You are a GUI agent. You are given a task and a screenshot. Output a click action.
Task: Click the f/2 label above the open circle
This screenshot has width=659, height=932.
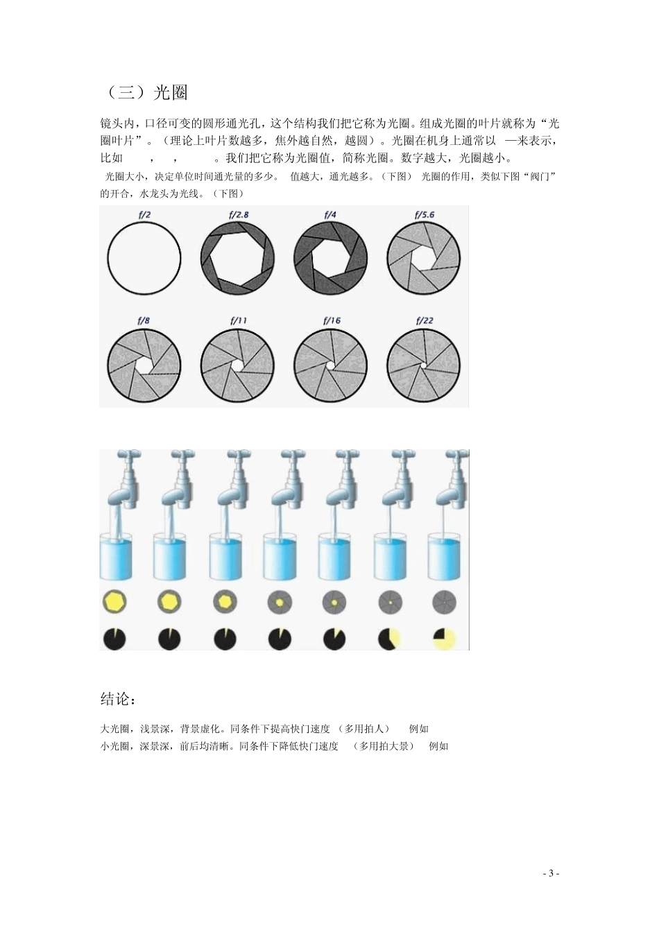coord(144,215)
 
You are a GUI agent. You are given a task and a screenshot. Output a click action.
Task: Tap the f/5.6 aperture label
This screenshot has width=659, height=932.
coord(425,215)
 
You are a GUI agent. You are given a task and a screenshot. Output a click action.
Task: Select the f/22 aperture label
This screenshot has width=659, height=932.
coord(425,320)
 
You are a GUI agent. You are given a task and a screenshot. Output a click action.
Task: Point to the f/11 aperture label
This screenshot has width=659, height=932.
coord(238,320)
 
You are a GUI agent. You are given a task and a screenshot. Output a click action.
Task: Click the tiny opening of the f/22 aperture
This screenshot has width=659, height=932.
coord(423,365)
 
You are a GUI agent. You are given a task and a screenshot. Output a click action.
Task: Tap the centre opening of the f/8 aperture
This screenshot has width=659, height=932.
coord(144,365)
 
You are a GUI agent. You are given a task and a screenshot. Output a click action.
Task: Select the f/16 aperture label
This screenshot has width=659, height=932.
coord(332,320)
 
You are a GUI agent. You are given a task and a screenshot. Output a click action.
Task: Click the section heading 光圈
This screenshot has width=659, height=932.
coord(170,92)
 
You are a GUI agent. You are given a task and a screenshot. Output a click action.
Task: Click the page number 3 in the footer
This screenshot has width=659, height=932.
coord(551,873)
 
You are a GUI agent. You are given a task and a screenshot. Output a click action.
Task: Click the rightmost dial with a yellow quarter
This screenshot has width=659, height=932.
coord(444,639)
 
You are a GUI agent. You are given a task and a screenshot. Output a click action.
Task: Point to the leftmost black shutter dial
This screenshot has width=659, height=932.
coord(114,639)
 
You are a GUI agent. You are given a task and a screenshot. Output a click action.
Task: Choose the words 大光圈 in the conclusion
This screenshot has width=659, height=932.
coord(115,729)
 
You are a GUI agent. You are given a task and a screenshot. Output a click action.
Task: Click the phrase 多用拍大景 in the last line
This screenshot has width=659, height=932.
coord(383,746)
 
